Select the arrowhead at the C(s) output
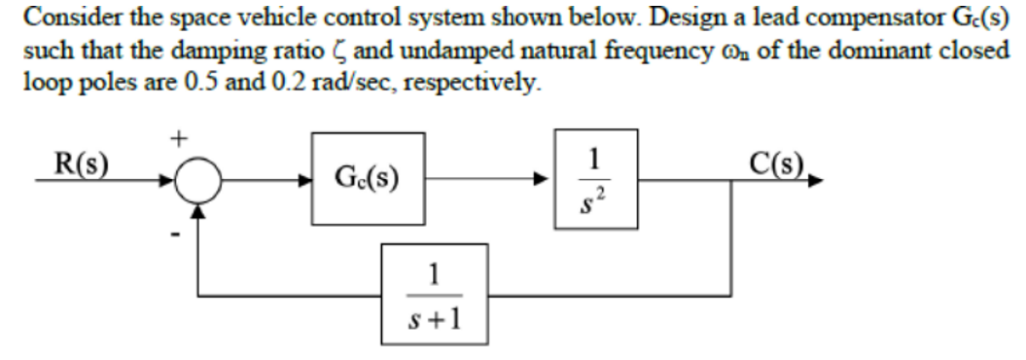[814, 181]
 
